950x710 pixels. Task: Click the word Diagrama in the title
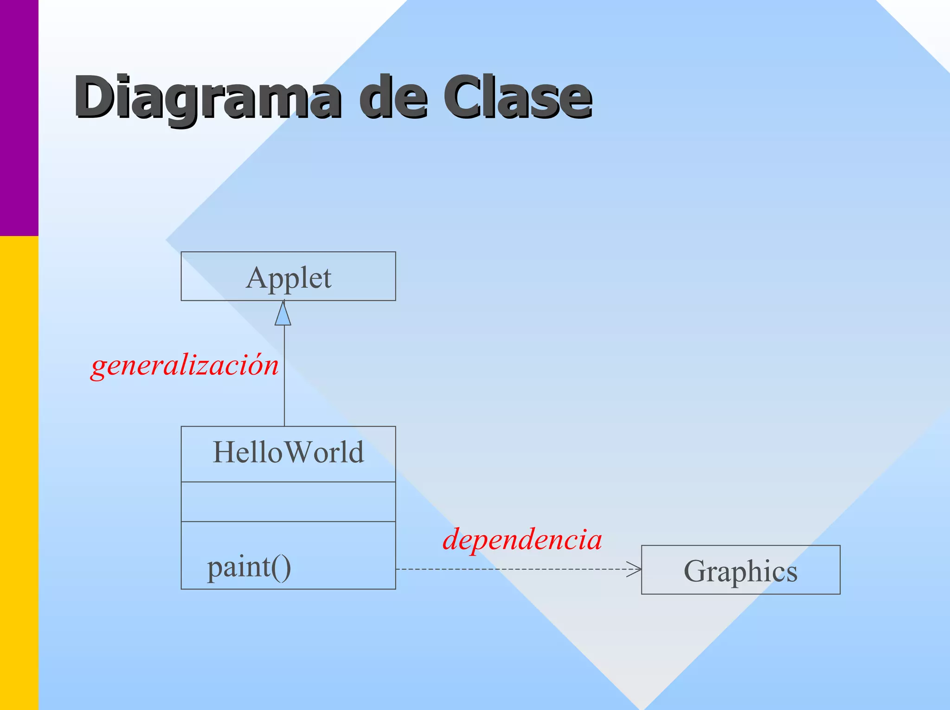pos(207,97)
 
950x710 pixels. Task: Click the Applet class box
pos(288,276)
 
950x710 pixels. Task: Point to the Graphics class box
pos(740,570)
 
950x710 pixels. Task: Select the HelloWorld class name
pos(288,453)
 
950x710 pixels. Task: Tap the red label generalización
pos(185,365)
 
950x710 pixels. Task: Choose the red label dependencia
pos(522,540)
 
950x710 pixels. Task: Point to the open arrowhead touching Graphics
pos(635,569)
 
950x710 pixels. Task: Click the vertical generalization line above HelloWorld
pos(284,376)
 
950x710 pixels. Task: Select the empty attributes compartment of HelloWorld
pos(288,502)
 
